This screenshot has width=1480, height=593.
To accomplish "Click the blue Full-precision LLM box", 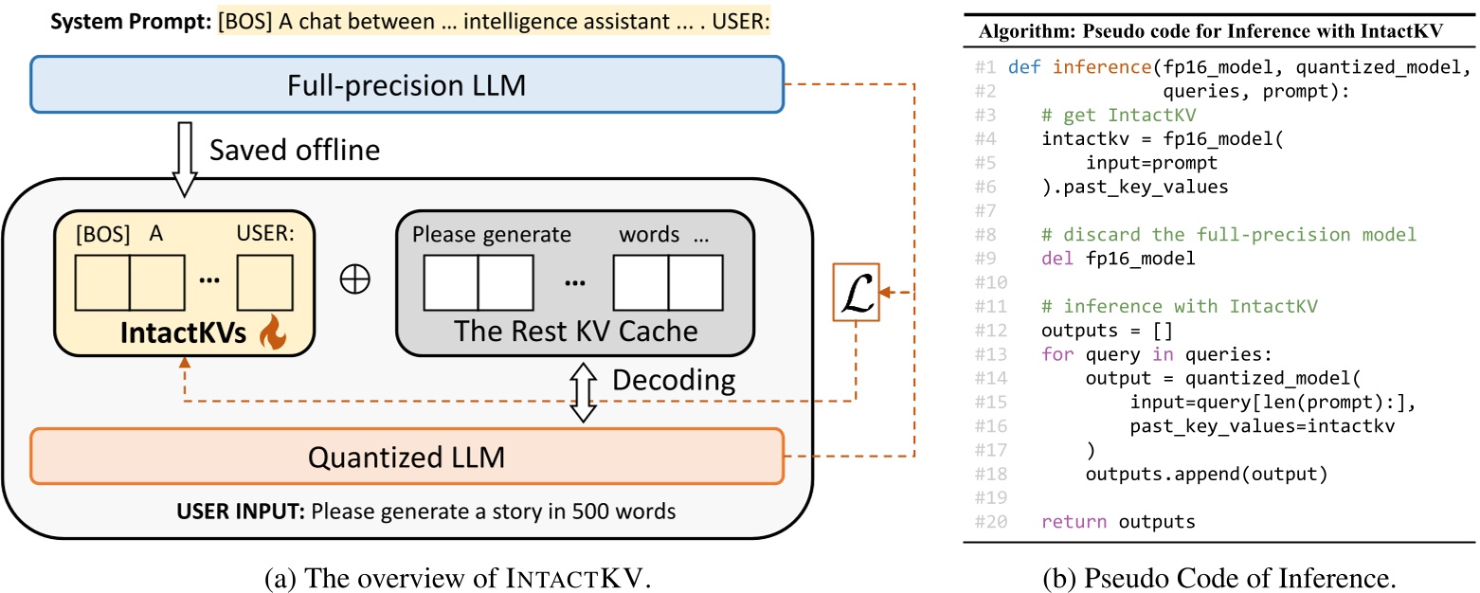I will point(407,87).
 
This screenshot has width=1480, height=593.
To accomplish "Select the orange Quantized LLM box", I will point(407,458).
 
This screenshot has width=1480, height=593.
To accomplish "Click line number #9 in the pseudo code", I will point(987,259).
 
